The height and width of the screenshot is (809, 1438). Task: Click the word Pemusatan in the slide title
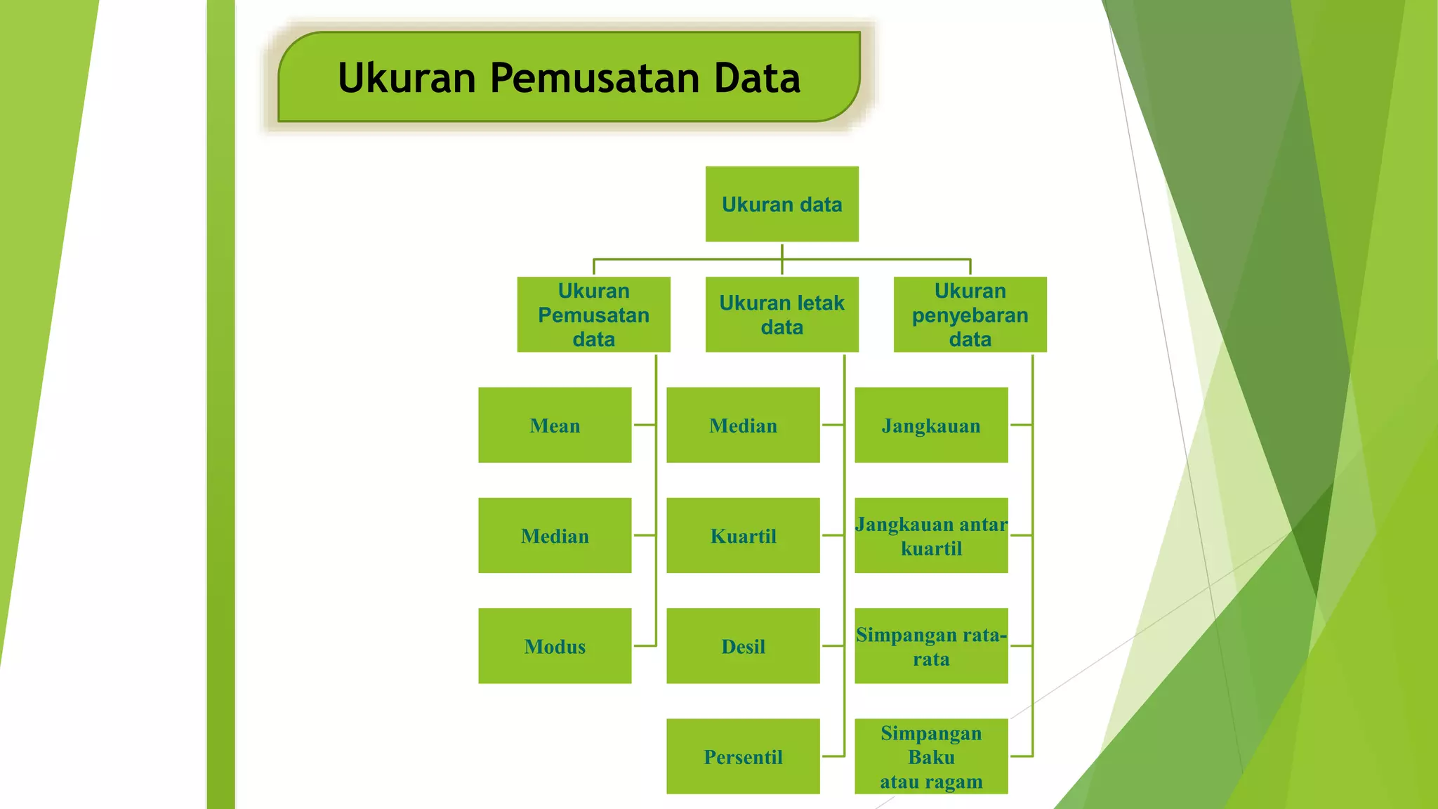(595, 78)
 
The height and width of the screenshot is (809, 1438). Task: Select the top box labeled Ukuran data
(781, 204)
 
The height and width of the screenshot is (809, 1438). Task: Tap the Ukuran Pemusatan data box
(593, 315)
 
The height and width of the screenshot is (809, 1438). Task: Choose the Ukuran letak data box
(781, 315)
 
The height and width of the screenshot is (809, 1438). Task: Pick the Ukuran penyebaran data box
(970, 315)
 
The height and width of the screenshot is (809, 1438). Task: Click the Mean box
(555, 425)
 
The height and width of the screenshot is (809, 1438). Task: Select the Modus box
(555, 646)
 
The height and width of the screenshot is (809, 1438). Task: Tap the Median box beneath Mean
(555, 536)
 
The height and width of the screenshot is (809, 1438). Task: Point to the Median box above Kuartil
(743, 425)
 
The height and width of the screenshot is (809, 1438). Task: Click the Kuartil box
(743, 536)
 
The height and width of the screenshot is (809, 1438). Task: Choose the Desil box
(743, 646)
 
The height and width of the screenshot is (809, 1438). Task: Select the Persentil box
(743, 756)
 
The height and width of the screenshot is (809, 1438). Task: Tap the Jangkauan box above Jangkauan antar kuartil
(931, 425)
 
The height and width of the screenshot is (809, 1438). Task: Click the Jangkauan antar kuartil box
(931, 536)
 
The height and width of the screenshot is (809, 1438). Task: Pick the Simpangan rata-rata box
(931, 646)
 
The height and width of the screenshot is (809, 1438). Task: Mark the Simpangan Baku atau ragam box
(931, 756)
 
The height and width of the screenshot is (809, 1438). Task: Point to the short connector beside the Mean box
(644, 425)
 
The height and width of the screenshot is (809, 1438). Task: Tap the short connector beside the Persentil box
(833, 756)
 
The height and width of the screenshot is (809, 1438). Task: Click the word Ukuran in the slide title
(407, 78)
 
